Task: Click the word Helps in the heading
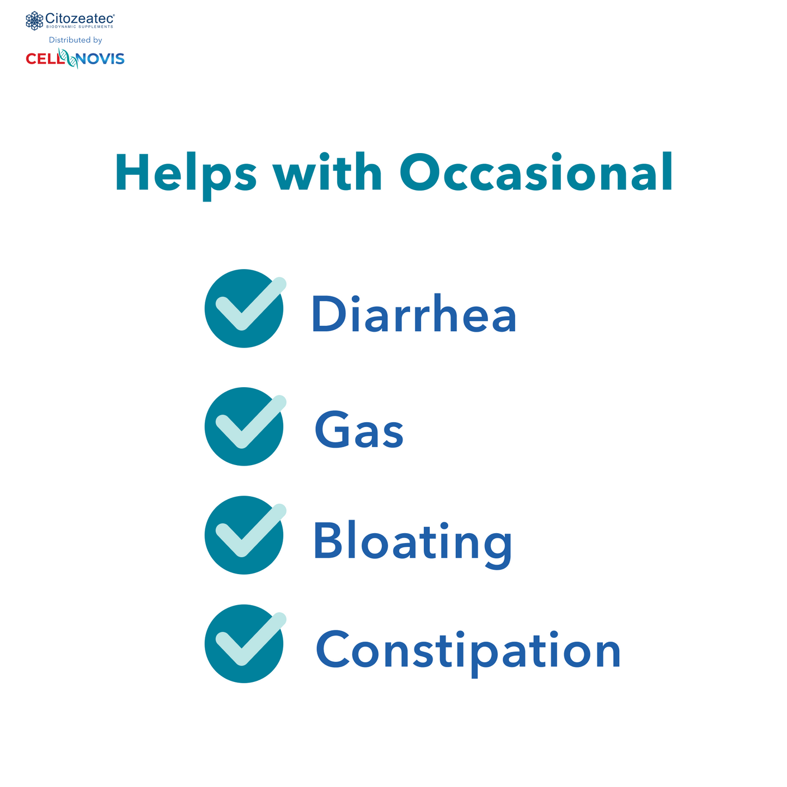pyautogui.click(x=185, y=173)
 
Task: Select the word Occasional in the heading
pyautogui.click(x=536, y=173)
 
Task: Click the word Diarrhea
pyautogui.click(x=413, y=314)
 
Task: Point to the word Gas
pyautogui.click(x=359, y=430)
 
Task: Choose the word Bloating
pyautogui.click(x=412, y=542)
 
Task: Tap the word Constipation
pyautogui.click(x=468, y=650)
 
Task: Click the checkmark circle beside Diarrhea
pyautogui.click(x=244, y=308)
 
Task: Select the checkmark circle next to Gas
pyautogui.click(x=244, y=426)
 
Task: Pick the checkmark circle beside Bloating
pyautogui.click(x=244, y=535)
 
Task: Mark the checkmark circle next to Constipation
pyautogui.click(x=244, y=643)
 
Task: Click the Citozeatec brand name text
pyautogui.click(x=80, y=18)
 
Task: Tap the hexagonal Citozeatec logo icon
pyautogui.click(x=34, y=21)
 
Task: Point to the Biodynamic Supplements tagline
pyautogui.click(x=80, y=27)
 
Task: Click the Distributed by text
pyautogui.click(x=75, y=40)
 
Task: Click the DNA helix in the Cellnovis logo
pyautogui.click(x=68, y=58)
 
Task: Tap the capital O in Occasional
pyautogui.click(x=422, y=173)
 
